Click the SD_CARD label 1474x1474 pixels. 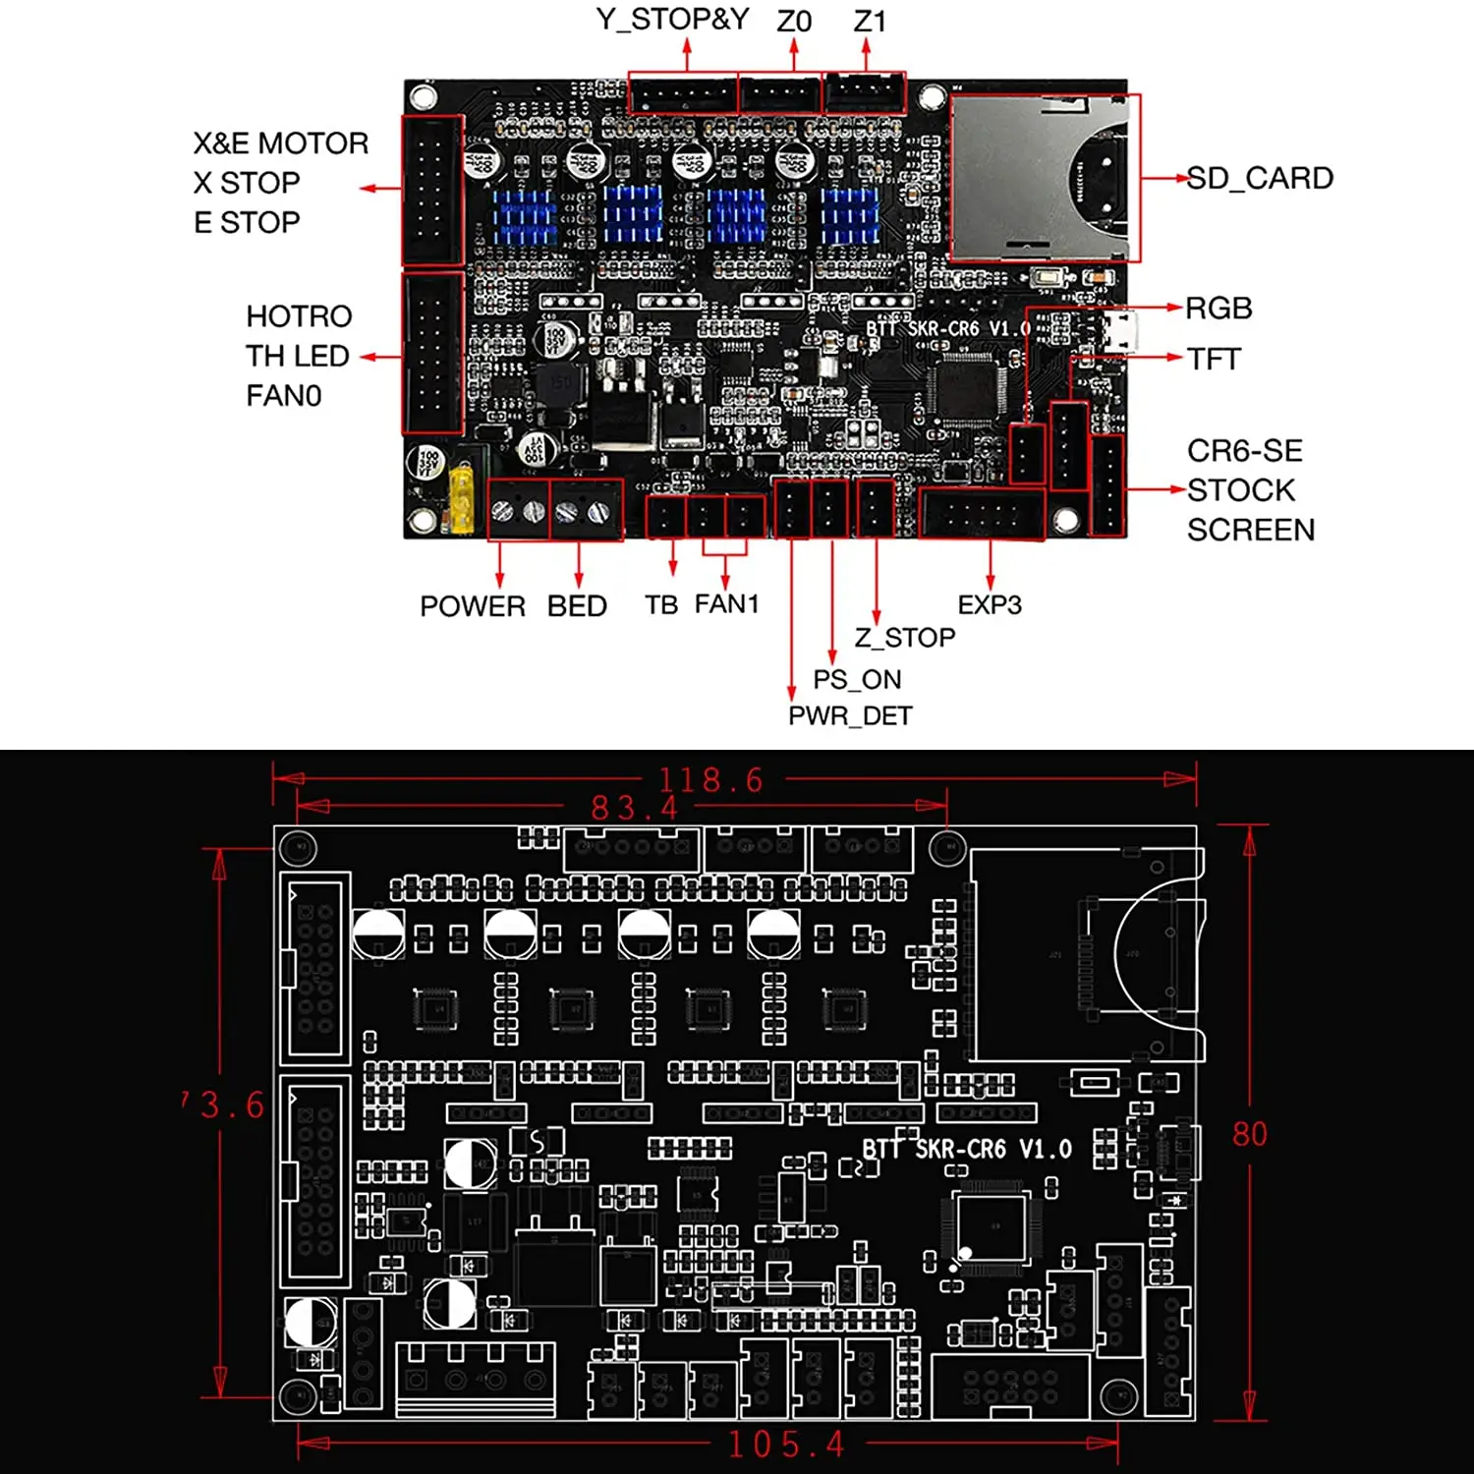point(1260,178)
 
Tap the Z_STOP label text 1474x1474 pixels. point(904,638)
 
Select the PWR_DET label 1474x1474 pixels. point(850,715)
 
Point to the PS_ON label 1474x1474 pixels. point(857,679)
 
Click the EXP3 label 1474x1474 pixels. point(990,604)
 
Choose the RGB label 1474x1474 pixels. point(1219,309)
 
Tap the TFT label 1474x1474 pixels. point(1214,359)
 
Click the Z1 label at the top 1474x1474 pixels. point(870,21)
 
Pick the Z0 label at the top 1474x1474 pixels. point(794,21)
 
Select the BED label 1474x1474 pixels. point(577,605)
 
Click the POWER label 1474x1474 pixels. point(473,605)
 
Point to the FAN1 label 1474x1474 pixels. point(726,603)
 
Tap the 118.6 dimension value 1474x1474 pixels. point(710,780)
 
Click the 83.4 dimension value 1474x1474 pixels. point(635,808)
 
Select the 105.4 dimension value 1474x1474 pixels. point(786,1445)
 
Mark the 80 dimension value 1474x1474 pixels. point(1249,1134)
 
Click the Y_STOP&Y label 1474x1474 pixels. point(672,19)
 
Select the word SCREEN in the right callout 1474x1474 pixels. point(1250,530)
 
